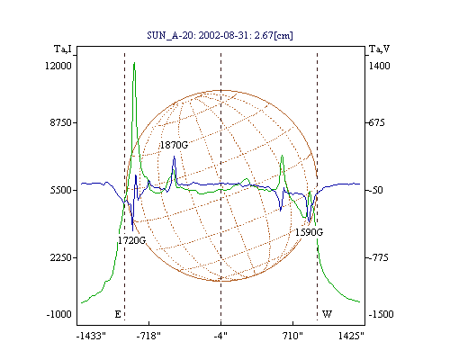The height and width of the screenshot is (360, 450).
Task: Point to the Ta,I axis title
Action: pos(63,49)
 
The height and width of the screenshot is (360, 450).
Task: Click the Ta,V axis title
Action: pos(379,49)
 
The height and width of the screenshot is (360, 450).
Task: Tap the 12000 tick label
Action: pos(58,66)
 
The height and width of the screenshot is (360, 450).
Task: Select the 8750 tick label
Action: pos(61,122)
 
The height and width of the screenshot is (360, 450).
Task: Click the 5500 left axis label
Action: pos(61,190)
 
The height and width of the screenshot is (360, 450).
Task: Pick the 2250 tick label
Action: pos(61,257)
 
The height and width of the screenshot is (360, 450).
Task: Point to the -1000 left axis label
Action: pos(59,314)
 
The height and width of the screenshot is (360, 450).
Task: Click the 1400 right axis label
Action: pos(380,66)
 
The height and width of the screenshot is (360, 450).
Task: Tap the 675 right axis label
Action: pos(376,122)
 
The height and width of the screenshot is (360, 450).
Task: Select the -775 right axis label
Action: pos(378,257)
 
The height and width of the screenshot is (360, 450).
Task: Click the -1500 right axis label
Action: pos(381,314)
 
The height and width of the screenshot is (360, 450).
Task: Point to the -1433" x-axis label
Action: pos(92,336)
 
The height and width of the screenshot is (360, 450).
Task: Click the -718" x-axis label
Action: pos(148,336)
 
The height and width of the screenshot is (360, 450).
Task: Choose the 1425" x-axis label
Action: pos(351,336)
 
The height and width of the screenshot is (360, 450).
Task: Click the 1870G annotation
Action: pos(174,145)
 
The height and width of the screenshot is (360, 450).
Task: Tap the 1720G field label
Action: pos(131,240)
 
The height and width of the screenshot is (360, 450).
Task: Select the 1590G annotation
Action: pos(309,232)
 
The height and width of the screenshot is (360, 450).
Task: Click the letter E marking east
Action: pos(118,314)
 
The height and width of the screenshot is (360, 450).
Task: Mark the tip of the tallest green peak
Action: pos(134,62)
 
